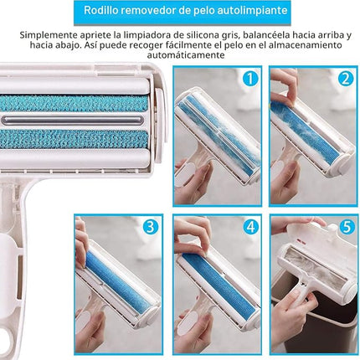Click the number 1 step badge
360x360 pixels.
point(250,79)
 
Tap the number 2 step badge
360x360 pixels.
point(346,79)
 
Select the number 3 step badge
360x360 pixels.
point(151,227)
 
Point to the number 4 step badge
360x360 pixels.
point(250,227)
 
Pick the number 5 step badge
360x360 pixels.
point(347,227)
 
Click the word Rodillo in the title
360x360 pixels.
point(100,10)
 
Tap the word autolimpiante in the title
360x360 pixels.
point(252,10)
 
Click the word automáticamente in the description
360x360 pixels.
point(186,55)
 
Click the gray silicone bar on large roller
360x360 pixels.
point(73,121)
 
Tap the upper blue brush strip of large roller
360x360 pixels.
point(74,103)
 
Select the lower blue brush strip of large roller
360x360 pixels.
point(74,139)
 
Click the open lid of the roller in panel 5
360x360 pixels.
point(321,241)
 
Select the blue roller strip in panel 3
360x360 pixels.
point(118,282)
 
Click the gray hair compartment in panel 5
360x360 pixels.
point(312,265)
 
